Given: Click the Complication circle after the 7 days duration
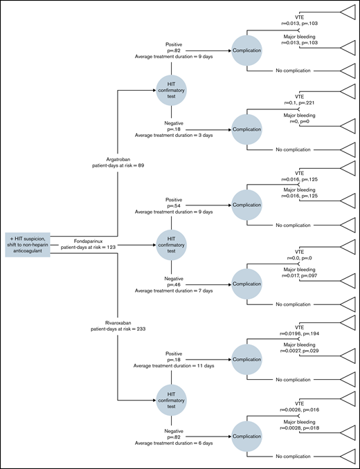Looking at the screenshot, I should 247,284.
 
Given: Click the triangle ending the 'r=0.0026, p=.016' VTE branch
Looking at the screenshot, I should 345,401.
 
